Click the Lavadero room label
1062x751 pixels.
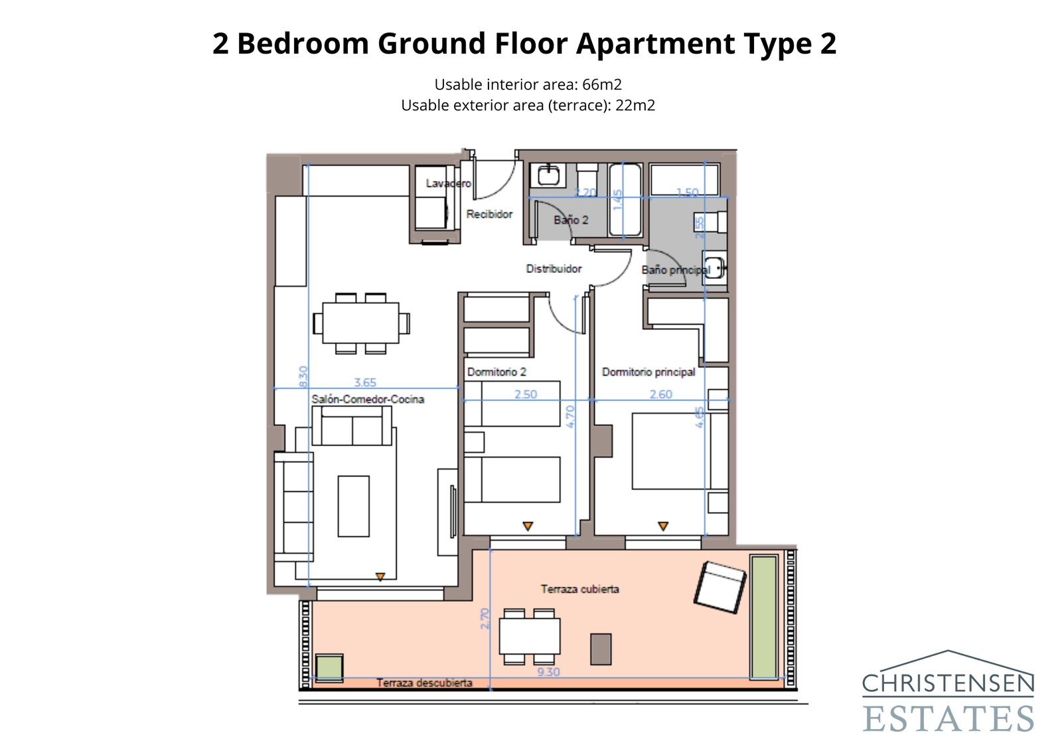(448, 183)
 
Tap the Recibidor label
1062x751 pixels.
(489, 214)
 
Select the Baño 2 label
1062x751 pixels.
(571, 220)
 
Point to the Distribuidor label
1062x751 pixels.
(554, 268)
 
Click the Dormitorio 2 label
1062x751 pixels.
(496, 372)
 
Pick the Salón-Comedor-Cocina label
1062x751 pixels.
(368, 399)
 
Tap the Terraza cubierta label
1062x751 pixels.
(579, 589)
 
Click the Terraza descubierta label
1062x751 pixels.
(424, 683)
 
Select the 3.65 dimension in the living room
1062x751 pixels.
(365, 382)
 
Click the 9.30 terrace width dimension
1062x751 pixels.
(548, 672)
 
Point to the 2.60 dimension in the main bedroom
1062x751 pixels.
(660, 394)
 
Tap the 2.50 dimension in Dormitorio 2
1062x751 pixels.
(526, 394)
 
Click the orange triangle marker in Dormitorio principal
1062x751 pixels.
(662, 526)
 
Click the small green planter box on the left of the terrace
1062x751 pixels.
(329, 668)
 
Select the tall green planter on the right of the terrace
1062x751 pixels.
(763, 617)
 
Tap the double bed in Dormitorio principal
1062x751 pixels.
(670, 452)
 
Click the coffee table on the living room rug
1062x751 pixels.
(353, 506)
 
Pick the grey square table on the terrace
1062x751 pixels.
(601, 649)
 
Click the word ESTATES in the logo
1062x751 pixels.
(948, 719)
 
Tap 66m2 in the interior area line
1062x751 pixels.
(601, 84)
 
